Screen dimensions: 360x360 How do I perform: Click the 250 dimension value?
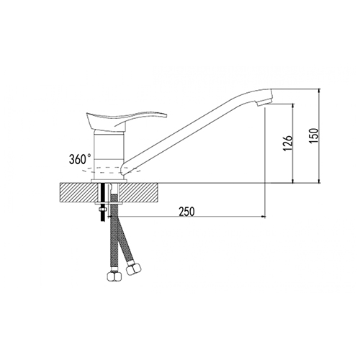tap(186, 212)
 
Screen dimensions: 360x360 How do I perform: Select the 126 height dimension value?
tap(288, 143)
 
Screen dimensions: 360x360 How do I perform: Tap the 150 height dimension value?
tap(314, 136)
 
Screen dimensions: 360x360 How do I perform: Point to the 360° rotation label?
tap(80, 159)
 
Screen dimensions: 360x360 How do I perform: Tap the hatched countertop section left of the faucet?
tap(79, 193)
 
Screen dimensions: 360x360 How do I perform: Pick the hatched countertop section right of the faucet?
tap(139, 193)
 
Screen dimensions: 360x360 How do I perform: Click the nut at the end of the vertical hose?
tap(114, 276)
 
